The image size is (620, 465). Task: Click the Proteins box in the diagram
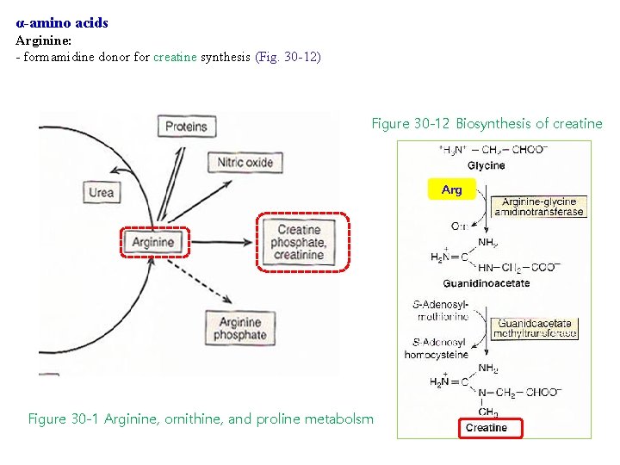(186, 127)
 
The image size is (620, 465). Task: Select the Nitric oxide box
(245, 162)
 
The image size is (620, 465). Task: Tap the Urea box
(101, 192)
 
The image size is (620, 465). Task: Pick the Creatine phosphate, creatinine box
(301, 242)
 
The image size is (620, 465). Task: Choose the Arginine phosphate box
(239, 328)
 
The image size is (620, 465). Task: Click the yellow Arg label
(451, 189)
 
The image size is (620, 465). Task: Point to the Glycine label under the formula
(486, 165)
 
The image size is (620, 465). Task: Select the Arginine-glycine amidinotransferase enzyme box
(538, 207)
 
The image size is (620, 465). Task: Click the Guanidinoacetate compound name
(487, 282)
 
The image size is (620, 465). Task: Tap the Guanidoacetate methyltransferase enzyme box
(535, 328)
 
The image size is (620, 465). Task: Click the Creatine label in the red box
(487, 428)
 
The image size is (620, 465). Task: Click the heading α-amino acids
(62, 23)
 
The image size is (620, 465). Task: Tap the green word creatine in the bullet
(175, 57)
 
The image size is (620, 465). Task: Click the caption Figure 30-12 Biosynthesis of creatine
(487, 123)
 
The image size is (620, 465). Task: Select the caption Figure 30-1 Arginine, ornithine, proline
(201, 418)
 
